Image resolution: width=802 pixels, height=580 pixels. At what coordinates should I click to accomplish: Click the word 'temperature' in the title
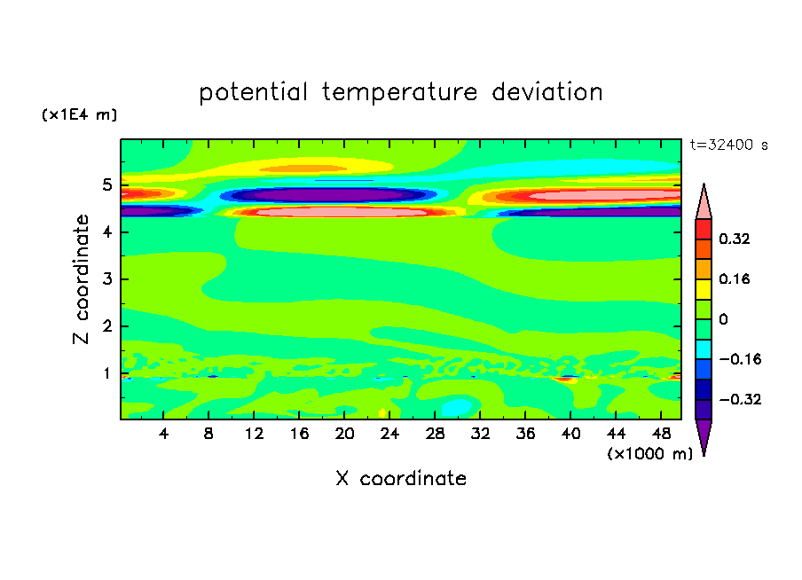coord(399,92)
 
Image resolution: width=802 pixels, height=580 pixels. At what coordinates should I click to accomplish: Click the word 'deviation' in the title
coord(546,91)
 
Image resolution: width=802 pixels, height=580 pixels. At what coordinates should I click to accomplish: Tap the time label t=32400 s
coord(729,145)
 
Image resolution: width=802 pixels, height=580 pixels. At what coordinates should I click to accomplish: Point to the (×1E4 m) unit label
coord(79,114)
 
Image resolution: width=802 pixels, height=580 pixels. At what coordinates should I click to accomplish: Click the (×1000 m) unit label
coord(649,454)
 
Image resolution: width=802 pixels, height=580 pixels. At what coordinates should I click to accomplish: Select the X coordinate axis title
coord(401,479)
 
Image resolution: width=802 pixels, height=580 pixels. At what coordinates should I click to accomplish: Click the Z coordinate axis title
coord(81,279)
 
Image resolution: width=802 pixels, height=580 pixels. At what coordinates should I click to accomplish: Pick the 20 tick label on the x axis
coord(344,434)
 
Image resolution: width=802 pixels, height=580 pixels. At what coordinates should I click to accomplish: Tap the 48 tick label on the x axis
coord(661,434)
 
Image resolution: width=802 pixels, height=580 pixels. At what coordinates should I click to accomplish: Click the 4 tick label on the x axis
coord(163,434)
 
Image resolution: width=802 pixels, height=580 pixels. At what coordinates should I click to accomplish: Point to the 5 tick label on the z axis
coord(106,184)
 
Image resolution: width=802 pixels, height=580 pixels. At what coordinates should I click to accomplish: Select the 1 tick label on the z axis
coord(106,374)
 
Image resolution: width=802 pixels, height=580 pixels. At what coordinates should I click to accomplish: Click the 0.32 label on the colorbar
coord(735,239)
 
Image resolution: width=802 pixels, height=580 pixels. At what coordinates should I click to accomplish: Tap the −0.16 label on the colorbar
coord(740,359)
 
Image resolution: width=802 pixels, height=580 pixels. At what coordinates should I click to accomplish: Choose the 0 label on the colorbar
coord(723,319)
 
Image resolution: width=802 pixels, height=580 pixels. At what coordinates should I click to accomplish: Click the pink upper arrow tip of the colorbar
coord(704,184)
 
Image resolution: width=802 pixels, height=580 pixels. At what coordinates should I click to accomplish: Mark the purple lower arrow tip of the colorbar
coord(704,455)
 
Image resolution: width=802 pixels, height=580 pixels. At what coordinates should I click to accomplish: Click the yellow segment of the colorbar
coord(704,289)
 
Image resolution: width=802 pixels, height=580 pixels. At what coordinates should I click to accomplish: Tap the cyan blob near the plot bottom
coord(457,407)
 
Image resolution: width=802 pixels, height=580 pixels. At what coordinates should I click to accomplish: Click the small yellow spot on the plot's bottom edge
coord(382,412)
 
